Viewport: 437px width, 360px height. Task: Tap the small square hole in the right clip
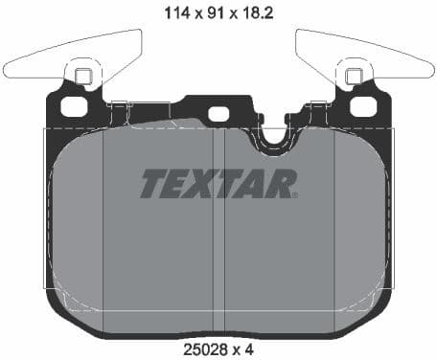(353, 77)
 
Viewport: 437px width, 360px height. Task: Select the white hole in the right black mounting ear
(361, 104)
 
